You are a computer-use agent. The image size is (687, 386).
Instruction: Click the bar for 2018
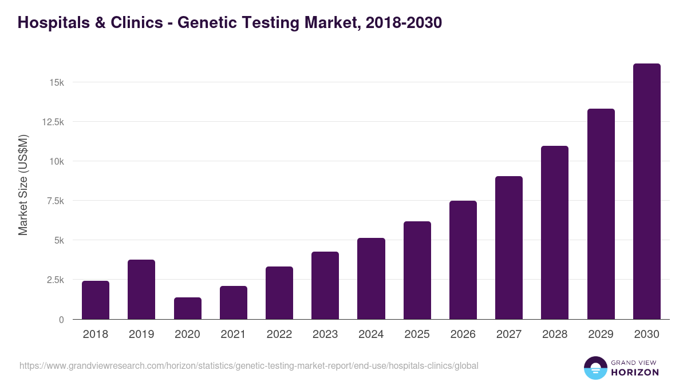[x=96, y=300]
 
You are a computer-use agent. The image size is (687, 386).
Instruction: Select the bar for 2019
[x=141, y=289]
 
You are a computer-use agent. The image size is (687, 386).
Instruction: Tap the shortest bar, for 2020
[x=187, y=308]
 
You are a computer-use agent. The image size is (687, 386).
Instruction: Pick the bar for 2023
[x=325, y=285]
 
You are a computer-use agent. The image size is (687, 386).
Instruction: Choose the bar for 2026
[x=463, y=260]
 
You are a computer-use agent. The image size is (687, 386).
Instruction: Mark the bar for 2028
[x=555, y=233]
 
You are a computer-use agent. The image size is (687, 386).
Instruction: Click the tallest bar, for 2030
[x=646, y=192]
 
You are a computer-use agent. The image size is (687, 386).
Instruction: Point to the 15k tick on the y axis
[x=57, y=82]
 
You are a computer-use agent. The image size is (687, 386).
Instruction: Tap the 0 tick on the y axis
[x=61, y=320]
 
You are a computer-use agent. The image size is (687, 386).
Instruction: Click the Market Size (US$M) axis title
[x=23, y=185]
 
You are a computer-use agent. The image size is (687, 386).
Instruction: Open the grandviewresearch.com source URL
[x=248, y=365]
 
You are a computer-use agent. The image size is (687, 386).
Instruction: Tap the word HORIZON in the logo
[x=634, y=372]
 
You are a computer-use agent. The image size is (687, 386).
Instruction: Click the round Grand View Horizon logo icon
[x=595, y=368]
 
